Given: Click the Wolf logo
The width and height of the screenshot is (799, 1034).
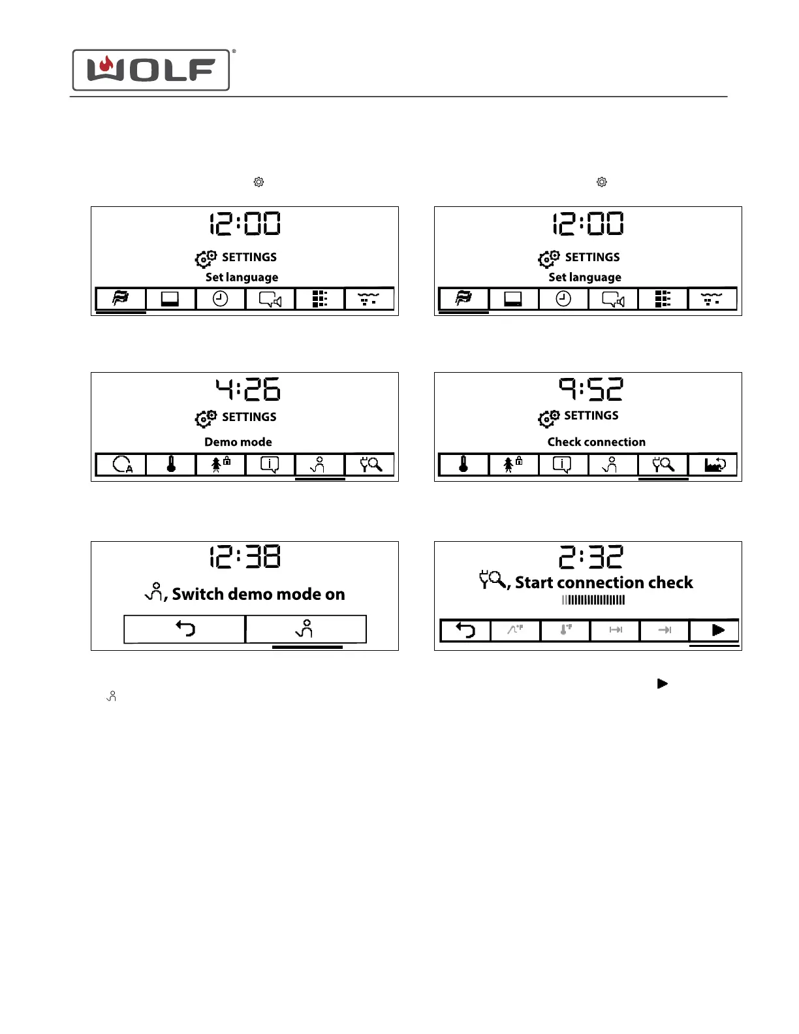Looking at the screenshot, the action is pos(151,70).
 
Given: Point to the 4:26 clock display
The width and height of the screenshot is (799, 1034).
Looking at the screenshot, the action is pos(248,389).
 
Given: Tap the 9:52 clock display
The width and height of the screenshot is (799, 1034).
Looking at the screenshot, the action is pos(591,389).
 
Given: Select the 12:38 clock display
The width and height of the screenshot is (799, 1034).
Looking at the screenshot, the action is pos(245,557).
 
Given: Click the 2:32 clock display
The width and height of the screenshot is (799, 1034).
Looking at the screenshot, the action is pos(591,557).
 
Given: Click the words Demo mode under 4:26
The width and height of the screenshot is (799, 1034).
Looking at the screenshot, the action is pos(238,442).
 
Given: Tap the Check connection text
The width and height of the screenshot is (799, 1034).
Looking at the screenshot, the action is pos(596,442).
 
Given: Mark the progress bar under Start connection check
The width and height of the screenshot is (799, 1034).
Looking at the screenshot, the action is pos(593,600).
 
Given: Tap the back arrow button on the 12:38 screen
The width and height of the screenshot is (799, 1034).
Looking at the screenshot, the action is pos(185,629).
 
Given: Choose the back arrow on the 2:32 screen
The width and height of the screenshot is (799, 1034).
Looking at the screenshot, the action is pos(465,631).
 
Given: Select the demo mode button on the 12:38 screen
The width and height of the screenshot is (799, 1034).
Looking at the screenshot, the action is pos(305,629).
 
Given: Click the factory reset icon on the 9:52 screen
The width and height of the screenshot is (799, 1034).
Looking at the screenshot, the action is pos(713,465).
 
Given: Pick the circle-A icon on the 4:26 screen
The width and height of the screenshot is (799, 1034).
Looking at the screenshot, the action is pos(122,465).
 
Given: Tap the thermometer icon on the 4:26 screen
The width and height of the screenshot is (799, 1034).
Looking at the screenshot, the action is pos(171,465).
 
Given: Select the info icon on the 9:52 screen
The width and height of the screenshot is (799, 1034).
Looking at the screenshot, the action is pos(562,465).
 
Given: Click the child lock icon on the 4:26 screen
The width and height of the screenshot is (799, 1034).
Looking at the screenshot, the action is pos(221,465).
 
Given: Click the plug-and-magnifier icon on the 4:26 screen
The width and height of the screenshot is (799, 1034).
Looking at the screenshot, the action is pos(370,465).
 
